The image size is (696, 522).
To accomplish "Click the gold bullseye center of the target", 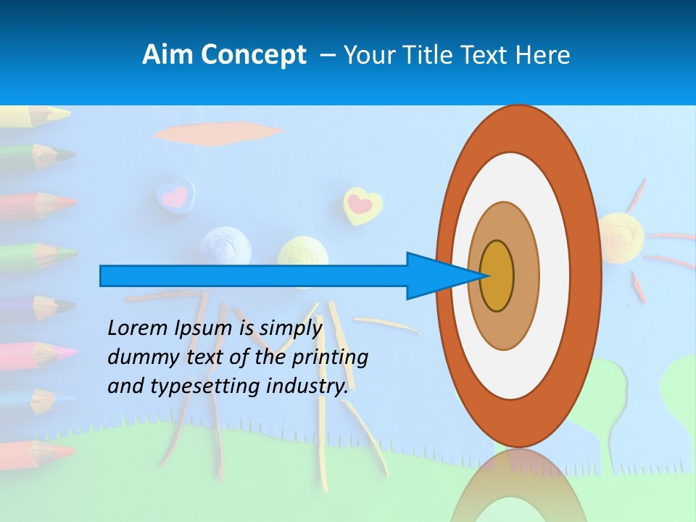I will click(497, 276).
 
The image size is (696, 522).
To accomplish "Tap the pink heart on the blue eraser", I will click(175, 195).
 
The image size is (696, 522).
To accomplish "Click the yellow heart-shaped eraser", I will click(362, 205).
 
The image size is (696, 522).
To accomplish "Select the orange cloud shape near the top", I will click(217, 133).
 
